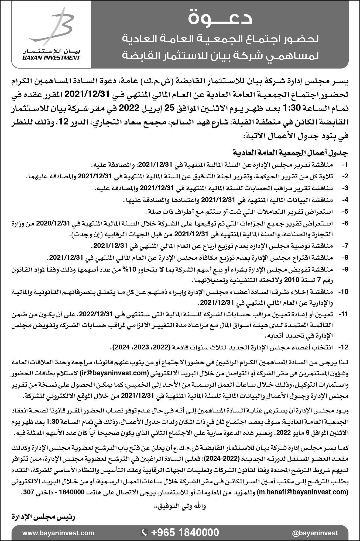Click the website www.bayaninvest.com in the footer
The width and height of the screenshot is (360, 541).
click(x=58, y=533)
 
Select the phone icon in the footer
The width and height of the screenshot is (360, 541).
click(x=145, y=533)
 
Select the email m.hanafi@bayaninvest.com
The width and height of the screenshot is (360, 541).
click(x=302, y=492)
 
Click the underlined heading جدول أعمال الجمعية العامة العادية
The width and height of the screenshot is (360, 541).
click(x=291, y=153)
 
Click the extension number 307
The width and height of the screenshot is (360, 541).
click(x=29, y=492)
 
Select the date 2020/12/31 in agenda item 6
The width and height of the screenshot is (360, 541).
click(x=53, y=223)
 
